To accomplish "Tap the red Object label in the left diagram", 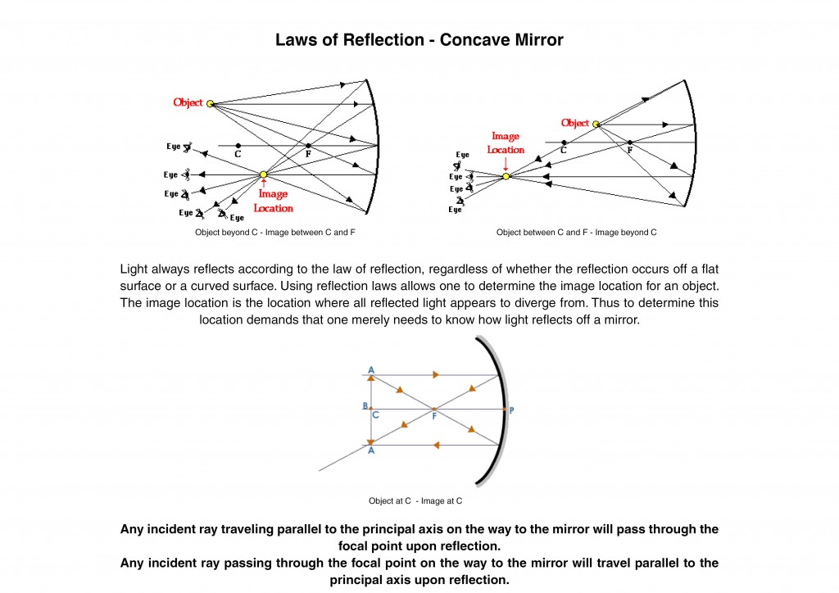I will (x=188, y=102).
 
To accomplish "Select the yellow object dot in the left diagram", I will (x=211, y=103).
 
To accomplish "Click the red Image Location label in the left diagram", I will (x=273, y=201).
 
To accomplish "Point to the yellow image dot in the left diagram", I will (x=263, y=174).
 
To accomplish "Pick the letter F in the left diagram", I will (x=308, y=153).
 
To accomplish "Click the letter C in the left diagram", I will (x=238, y=153).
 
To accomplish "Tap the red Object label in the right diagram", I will (x=575, y=123).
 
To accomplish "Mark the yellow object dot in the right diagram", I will (x=596, y=124).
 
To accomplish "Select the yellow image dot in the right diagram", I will (x=506, y=176).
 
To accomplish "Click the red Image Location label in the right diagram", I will (x=506, y=143).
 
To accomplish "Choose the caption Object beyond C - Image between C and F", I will (x=274, y=233).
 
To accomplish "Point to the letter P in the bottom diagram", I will (x=511, y=410).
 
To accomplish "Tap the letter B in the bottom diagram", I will (x=365, y=406).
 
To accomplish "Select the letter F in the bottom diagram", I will (x=433, y=416).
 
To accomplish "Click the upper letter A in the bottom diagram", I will (x=371, y=370).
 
